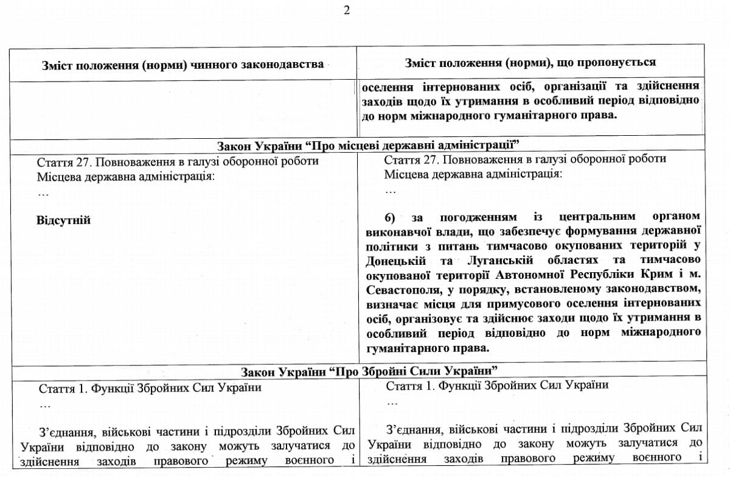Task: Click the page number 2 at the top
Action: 347,10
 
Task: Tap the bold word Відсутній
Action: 63,220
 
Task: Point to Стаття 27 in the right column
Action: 412,160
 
